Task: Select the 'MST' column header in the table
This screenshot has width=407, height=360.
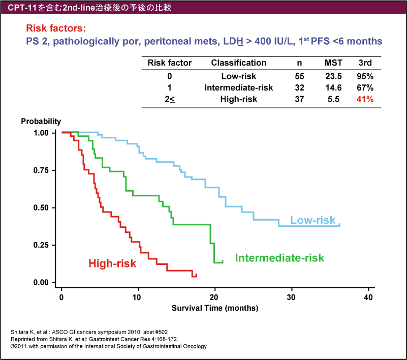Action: [333, 63]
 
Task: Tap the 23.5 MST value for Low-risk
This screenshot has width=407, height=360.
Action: [333, 76]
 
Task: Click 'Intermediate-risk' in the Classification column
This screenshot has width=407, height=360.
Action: [239, 88]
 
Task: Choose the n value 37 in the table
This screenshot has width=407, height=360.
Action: [299, 100]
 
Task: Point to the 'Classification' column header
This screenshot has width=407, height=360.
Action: [239, 63]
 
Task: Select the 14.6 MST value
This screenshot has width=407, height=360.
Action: [333, 88]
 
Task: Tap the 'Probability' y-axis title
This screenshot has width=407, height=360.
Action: [41, 122]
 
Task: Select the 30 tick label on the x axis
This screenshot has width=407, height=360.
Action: [291, 297]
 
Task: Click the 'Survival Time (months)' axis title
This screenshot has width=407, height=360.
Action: [215, 308]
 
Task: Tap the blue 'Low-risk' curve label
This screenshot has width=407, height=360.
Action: [312, 220]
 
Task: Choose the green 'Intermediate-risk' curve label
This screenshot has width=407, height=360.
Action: [279, 258]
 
